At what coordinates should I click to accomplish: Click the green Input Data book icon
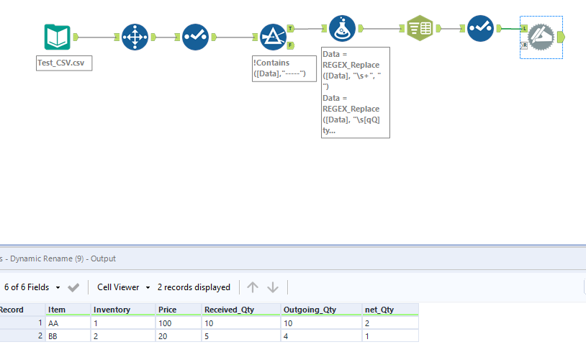click(57, 37)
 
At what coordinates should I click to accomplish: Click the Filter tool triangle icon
click(273, 37)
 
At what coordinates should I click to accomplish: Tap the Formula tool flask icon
click(342, 29)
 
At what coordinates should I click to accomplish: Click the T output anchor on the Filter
click(290, 28)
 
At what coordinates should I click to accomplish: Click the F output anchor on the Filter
click(290, 45)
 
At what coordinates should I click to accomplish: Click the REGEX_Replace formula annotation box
click(355, 92)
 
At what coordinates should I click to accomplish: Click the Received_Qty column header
click(227, 310)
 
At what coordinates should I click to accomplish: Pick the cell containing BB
click(54, 336)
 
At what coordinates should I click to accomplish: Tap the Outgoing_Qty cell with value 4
click(287, 336)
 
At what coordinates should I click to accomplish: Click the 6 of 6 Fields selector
click(32, 287)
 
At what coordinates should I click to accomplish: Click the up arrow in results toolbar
click(252, 287)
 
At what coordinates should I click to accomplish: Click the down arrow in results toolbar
click(273, 287)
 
